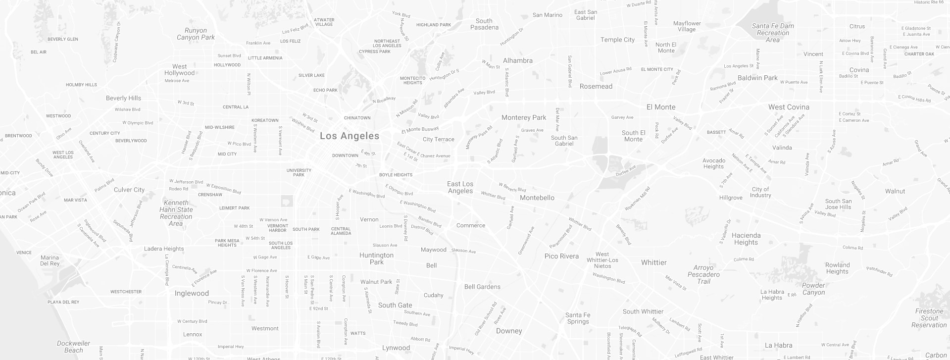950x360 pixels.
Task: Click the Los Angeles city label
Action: point(350,136)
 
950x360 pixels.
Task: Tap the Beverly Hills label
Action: point(123,98)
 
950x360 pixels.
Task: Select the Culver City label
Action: point(129,190)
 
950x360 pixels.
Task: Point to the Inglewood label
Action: point(192,293)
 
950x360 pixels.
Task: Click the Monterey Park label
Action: point(524,118)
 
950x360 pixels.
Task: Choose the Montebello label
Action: point(537,198)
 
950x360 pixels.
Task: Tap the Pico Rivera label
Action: point(561,256)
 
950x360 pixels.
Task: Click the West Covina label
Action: point(789,107)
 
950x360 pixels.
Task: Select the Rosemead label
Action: point(596,86)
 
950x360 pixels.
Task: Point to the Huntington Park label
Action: point(376,258)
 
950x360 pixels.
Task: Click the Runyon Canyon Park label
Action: point(196,34)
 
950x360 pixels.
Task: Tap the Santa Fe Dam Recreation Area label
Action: point(773,33)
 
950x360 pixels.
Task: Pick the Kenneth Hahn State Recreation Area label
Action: point(176,213)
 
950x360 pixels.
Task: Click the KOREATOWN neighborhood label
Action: point(265,120)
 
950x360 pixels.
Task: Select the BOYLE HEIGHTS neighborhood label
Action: point(396,175)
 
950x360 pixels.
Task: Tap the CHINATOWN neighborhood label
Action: point(357,118)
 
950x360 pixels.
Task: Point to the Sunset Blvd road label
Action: point(229,56)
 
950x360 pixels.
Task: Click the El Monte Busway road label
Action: point(420,130)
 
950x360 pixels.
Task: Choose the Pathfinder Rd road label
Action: point(880,271)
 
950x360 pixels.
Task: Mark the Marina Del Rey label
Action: point(50,260)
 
